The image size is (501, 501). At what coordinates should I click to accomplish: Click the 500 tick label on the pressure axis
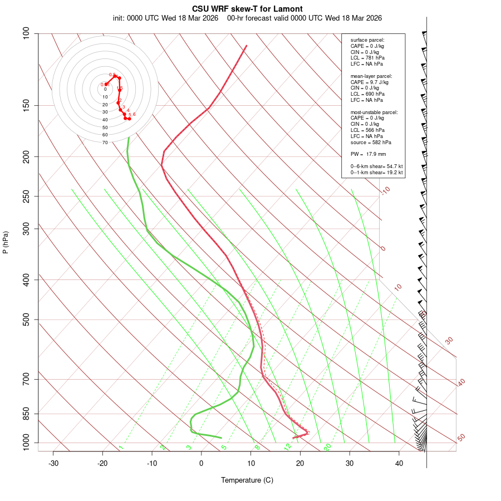pyautogui.click(x=27, y=320)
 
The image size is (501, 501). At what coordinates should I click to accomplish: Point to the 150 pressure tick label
pyautogui.click(x=27, y=105)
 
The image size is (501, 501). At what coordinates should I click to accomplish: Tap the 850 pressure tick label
pyautogui.click(x=27, y=414)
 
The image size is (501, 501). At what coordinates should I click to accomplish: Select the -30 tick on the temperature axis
pyautogui.click(x=53, y=464)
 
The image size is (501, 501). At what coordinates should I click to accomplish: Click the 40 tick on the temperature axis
pyautogui.click(x=399, y=464)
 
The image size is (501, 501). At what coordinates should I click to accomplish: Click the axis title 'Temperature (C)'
pyautogui.click(x=247, y=480)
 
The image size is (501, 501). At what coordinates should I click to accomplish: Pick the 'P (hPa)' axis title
pyautogui.click(x=6, y=242)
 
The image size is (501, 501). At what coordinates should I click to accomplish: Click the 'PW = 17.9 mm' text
pyautogui.click(x=368, y=154)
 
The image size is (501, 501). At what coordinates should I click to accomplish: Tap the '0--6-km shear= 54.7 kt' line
pyautogui.click(x=376, y=166)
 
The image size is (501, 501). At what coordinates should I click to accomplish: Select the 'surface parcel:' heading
pyautogui.click(x=367, y=40)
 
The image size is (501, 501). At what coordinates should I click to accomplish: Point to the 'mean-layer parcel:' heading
pyautogui.click(x=371, y=76)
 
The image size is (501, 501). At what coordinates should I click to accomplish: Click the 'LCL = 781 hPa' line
pyautogui.click(x=367, y=58)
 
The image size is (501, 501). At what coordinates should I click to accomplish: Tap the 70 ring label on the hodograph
pyautogui.click(x=105, y=143)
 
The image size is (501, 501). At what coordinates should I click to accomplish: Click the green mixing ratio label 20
pyautogui.click(x=328, y=446)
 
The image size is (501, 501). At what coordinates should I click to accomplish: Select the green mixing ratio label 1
pyautogui.click(x=120, y=448)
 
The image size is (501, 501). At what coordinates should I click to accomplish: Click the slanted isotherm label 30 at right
pyautogui.click(x=449, y=340)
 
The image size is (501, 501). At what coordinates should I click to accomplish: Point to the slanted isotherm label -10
pyautogui.click(x=385, y=190)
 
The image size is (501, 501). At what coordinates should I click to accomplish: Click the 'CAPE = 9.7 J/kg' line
pyautogui.click(x=370, y=82)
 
